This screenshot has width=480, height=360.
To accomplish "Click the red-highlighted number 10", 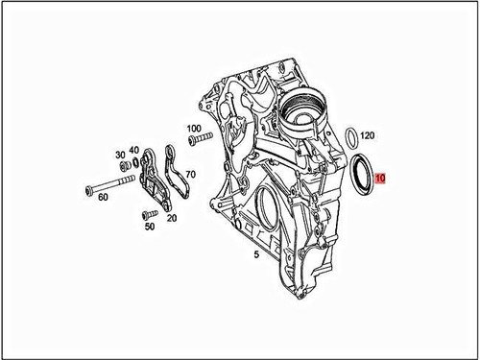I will click(x=380, y=179).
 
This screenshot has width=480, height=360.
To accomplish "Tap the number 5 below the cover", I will click(x=256, y=256).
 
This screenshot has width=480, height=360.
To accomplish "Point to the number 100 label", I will click(x=194, y=128).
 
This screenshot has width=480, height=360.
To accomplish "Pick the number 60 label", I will click(x=103, y=196).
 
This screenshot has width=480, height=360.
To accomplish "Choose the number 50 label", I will click(x=149, y=227).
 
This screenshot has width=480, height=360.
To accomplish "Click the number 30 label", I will click(x=120, y=155).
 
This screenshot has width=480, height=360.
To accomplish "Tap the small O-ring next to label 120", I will click(x=351, y=135).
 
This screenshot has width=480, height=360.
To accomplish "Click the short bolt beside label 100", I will click(x=200, y=142).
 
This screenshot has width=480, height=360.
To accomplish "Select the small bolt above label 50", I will click(x=146, y=213).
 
